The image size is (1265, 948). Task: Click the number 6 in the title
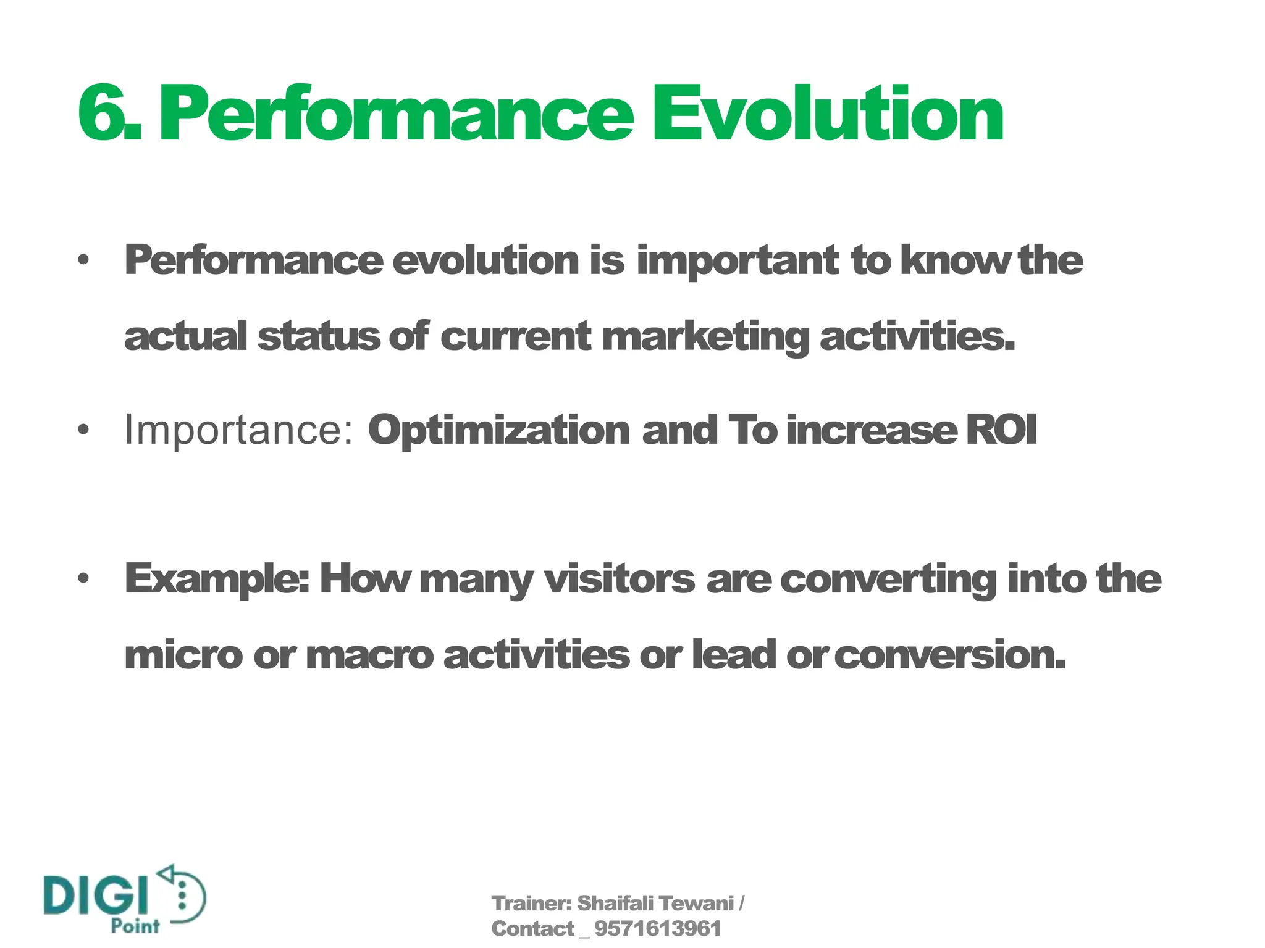click(x=102, y=114)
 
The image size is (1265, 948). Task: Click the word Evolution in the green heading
click(x=828, y=114)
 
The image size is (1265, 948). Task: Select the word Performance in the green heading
click(x=395, y=114)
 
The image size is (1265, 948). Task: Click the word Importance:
click(x=238, y=430)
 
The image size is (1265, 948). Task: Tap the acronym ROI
click(x=1001, y=430)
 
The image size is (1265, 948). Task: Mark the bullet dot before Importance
click(x=84, y=430)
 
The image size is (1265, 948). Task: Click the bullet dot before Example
click(x=84, y=579)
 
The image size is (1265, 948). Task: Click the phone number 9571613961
click(x=657, y=929)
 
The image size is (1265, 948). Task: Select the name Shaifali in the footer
click(x=615, y=904)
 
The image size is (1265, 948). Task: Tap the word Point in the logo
click(x=135, y=926)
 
